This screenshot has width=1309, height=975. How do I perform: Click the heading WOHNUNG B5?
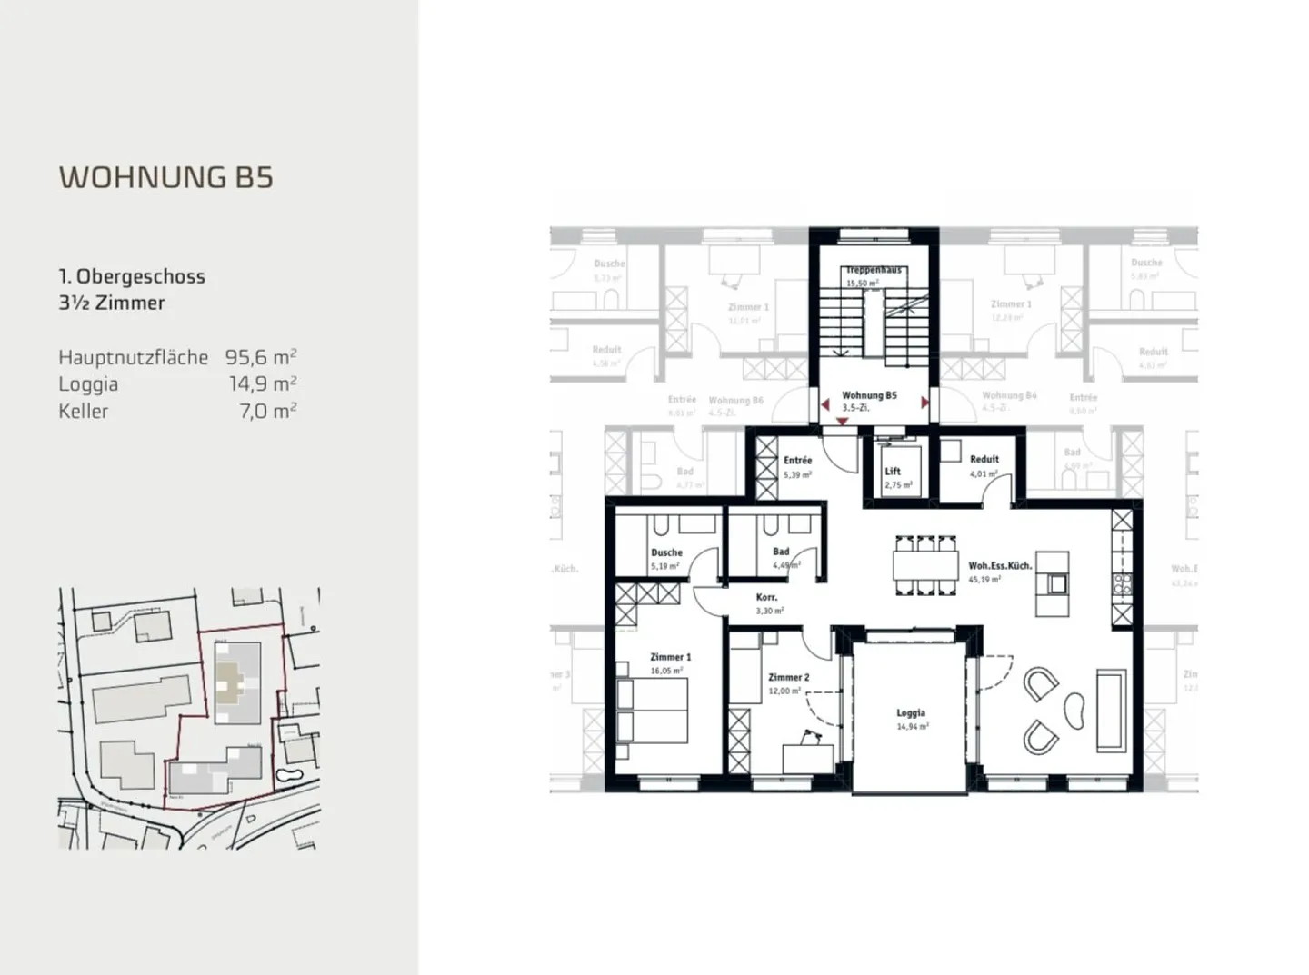(x=165, y=176)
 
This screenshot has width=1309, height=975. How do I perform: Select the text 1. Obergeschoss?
(x=132, y=276)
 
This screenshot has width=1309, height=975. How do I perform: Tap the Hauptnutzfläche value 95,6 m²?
(x=261, y=357)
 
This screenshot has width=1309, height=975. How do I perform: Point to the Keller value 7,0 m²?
(x=270, y=411)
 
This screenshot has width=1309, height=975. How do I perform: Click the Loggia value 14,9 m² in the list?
(x=263, y=383)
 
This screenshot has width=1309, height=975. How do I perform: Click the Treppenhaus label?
(x=873, y=271)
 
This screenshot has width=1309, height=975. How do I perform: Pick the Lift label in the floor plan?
(x=893, y=472)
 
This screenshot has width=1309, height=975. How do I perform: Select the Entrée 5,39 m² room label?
(x=797, y=461)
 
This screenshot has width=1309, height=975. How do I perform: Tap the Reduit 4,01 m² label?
(x=984, y=460)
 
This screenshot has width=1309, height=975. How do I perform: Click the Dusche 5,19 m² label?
(x=666, y=552)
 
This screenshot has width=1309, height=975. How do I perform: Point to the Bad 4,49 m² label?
(x=782, y=552)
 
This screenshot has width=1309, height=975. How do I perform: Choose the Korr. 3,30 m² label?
(x=767, y=598)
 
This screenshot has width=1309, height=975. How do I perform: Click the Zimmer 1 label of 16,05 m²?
(x=670, y=657)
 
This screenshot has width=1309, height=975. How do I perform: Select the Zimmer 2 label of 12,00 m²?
(x=788, y=678)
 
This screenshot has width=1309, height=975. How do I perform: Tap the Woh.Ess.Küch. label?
(x=1000, y=566)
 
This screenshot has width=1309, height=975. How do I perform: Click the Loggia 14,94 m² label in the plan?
(x=911, y=713)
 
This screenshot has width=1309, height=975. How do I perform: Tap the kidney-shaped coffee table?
(x=1074, y=709)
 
